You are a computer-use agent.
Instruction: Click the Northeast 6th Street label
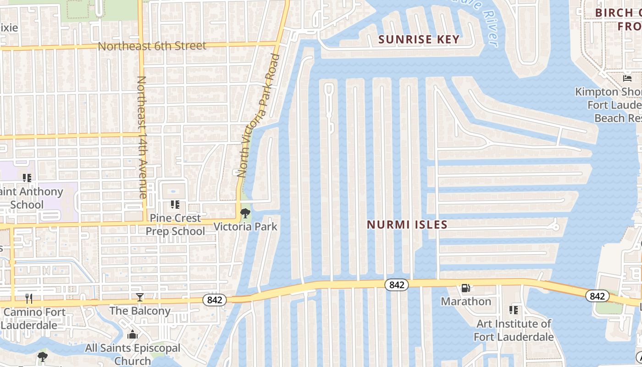[152, 46]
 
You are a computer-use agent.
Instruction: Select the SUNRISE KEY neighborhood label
[419, 39]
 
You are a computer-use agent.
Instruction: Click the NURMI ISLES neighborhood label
[407, 225]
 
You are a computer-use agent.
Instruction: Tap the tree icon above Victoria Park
[245, 212]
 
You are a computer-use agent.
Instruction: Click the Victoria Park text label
[246, 226]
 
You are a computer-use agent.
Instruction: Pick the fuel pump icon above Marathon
[465, 288]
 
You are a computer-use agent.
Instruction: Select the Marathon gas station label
[466, 301]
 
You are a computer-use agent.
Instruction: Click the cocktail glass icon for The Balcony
[140, 297]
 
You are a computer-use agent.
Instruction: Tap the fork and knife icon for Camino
[29, 299]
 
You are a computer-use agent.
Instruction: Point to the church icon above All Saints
[133, 334]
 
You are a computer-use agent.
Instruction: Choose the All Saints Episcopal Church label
[133, 355]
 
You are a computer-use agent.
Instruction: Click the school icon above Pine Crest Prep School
[175, 204]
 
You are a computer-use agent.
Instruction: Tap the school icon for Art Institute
[514, 310]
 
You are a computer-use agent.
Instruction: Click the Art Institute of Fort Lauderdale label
[514, 330]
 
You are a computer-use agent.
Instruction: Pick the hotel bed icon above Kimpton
[627, 78]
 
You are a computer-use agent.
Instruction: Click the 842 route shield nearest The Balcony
[215, 300]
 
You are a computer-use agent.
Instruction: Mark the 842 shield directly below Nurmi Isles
[396, 285]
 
